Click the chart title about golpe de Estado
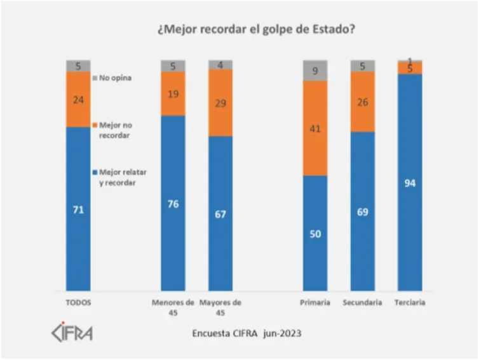coord(255,29)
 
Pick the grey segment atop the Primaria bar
coord(315,70)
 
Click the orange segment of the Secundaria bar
coord(363,102)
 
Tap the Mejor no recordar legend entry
coord(115,130)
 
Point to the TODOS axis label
coord(78,303)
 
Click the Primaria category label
coord(315,303)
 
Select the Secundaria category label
coord(363,303)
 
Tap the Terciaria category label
coord(410,303)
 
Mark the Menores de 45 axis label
coord(173,307)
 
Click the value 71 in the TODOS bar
coord(78,209)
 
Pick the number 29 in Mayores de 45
coord(220,103)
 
